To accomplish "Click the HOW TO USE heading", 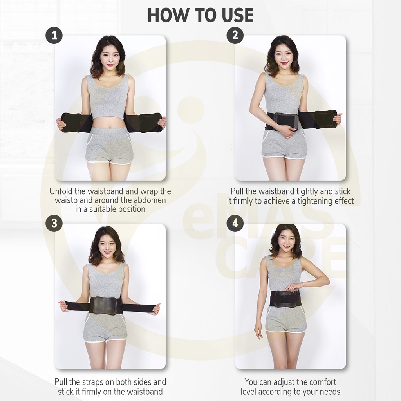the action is click(x=200, y=16).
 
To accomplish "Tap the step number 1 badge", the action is click(x=54, y=35).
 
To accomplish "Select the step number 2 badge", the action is click(x=235, y=35).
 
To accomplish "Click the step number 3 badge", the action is click(x=54, y=223).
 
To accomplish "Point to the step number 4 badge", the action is click(x=235, y=223).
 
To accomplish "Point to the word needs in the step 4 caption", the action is click(x=331, y=392).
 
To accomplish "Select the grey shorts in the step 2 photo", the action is click(x=284, y=145).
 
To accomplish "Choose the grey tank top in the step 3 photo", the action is click(x=105, y=281).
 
